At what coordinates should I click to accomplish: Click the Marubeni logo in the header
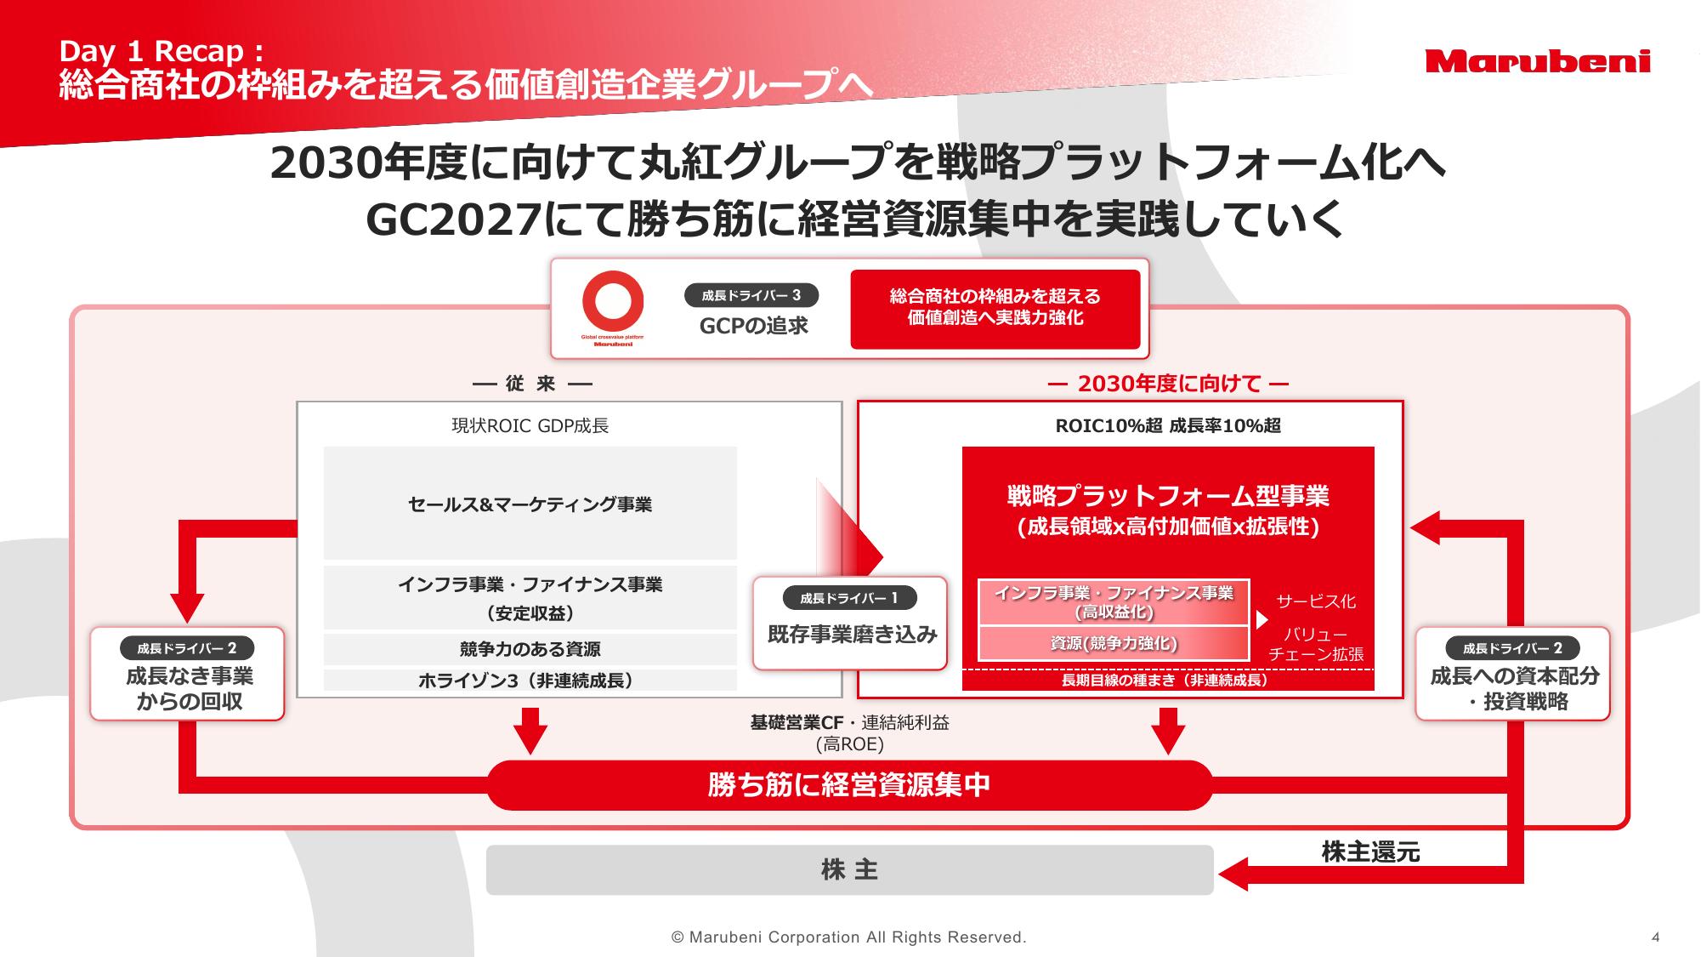1538,61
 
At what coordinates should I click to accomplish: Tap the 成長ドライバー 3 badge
751,296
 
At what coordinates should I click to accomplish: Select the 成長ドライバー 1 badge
849,598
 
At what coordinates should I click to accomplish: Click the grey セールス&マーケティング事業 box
530,504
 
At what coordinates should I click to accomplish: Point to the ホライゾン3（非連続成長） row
530,681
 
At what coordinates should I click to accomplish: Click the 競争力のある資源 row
530,649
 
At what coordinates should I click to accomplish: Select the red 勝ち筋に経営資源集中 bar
849,784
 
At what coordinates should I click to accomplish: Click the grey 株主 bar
849,869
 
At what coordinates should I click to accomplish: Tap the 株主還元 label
1370,852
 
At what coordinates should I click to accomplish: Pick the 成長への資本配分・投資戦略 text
1514,689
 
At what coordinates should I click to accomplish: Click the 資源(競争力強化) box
1114,643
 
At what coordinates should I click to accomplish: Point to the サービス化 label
1316,601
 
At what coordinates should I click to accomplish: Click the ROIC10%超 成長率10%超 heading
1168,425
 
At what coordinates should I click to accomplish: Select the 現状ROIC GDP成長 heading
530,425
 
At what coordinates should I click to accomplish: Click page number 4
1655,937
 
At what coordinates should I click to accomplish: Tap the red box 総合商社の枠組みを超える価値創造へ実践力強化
995,309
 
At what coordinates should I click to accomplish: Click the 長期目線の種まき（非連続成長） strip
1168,680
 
